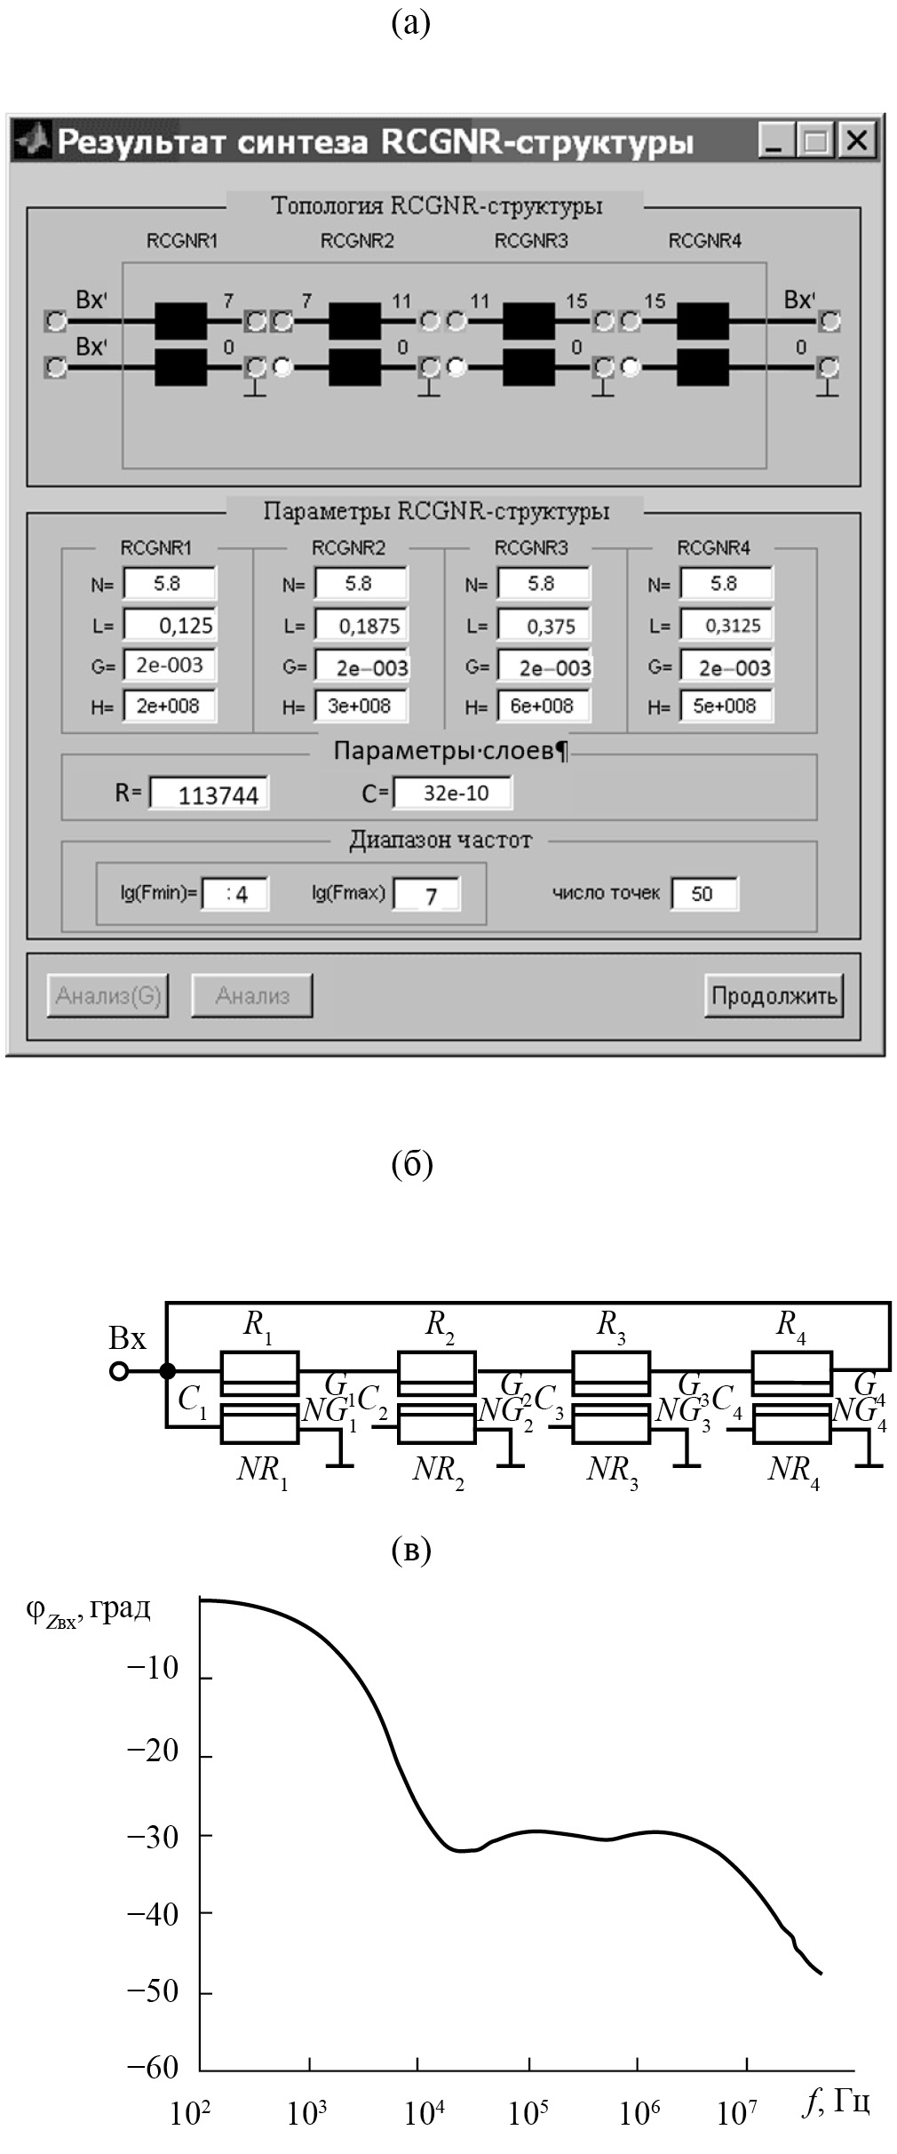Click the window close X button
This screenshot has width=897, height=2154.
tap(857, 140)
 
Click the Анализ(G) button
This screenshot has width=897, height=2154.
tap(108, 995)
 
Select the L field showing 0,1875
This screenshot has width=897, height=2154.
tap(361, 625)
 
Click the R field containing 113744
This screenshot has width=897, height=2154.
tap(210, 794)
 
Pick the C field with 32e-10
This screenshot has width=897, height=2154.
tap(452, 793)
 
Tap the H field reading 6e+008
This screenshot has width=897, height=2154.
tap(544, 706)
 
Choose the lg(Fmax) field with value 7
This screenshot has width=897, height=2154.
tap(427, 894)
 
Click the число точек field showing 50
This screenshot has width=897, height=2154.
tap(703, 893)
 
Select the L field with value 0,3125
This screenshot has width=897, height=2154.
tap(726, 625)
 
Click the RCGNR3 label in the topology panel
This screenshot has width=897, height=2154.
tap(531, 241)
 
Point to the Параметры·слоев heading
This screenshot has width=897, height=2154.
tap(449, 751)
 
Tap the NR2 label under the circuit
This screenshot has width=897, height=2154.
tap(438, 1471)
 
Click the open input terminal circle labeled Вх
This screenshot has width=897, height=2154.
tap(119, 1371)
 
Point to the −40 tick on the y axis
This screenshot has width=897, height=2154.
tap(153, 1913)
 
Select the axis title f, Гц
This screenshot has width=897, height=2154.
tap(836, 2102)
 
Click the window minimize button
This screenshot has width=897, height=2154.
tap(775, 140)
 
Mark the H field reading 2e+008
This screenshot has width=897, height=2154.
tap(169, 706)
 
